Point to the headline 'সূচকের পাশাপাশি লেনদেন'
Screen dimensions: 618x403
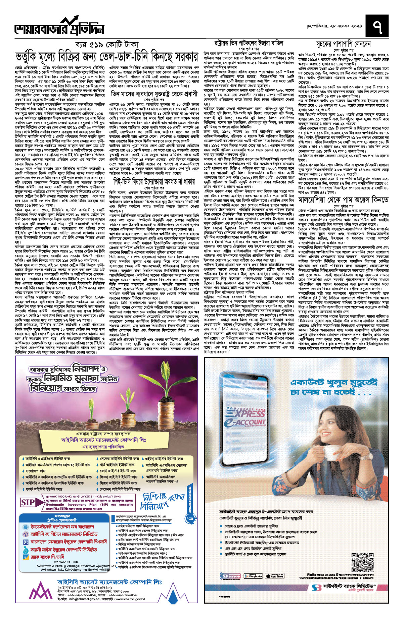[x=343, y=44]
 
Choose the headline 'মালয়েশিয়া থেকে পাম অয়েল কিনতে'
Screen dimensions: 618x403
[x=344, y=200]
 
